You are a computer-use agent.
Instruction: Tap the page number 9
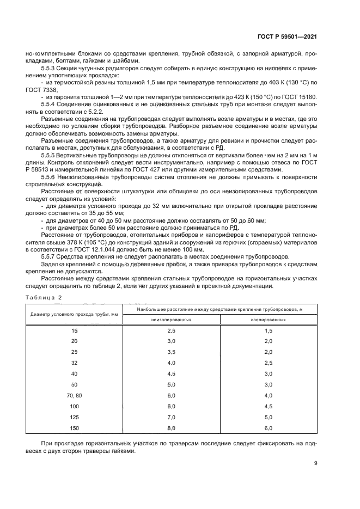[316, 463]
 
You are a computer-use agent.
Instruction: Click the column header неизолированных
[171, 320]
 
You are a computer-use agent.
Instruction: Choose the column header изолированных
[268, 320]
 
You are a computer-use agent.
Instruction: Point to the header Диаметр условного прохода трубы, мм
[75, 315]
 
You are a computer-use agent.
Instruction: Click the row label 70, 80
[75, 395]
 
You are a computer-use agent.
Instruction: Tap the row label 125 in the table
[75, 417]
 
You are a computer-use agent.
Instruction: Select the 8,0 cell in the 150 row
[171, 428]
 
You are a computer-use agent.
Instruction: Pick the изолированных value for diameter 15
[268, 330]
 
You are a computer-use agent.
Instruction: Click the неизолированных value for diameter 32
[171, 363]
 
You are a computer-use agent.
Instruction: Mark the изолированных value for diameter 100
[268, 406]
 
